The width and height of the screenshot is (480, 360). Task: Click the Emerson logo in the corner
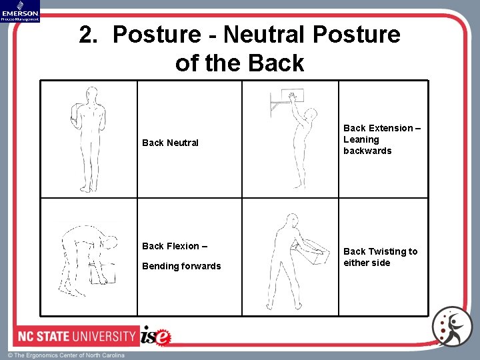[20, 11]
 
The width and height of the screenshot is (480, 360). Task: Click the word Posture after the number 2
[156, 34]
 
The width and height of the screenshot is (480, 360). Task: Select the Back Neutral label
[170, 143]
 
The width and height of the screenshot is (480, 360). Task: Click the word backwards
[367, 151]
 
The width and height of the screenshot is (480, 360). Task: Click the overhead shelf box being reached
[293, 99]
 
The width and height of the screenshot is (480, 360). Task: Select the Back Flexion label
[175, 246]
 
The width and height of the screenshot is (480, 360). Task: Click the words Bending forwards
[181, 266]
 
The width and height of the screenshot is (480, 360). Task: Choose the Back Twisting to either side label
[380, 257]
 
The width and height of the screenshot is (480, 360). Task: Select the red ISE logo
[156, 337]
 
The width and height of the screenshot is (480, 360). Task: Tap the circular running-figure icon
[451, 327]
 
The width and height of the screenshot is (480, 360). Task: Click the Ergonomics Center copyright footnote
[67, 355]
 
